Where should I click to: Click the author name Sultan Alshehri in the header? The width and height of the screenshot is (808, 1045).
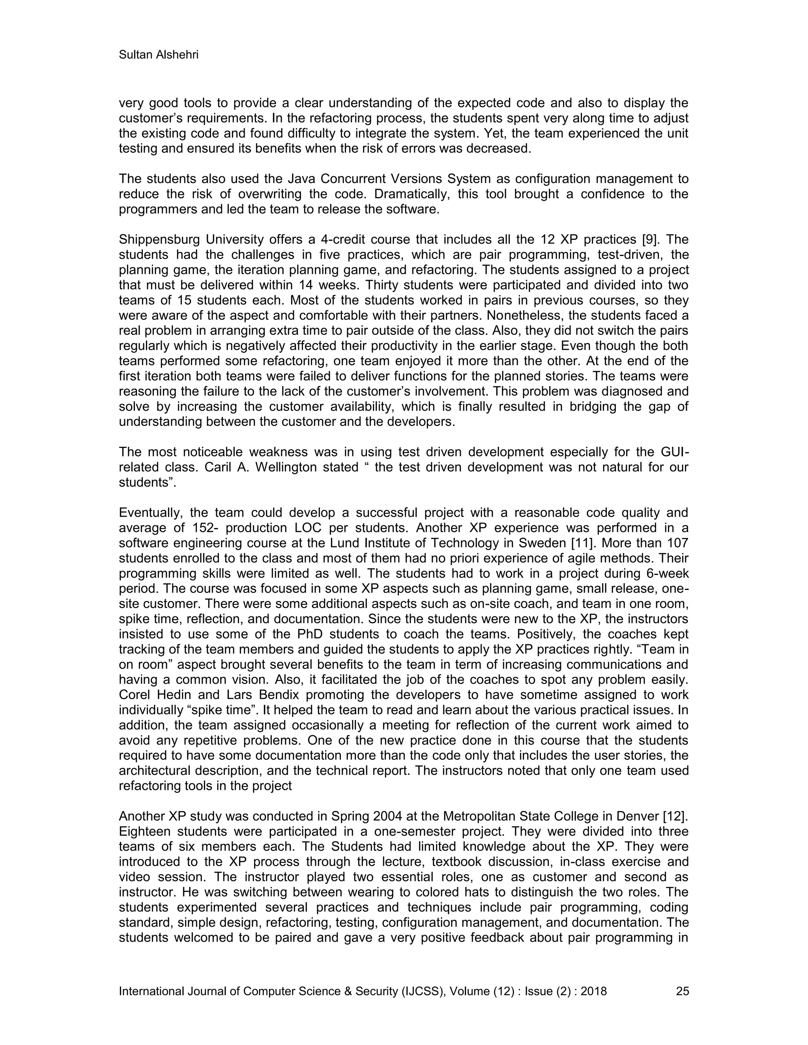159,55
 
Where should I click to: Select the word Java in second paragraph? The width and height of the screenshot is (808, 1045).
301,179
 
